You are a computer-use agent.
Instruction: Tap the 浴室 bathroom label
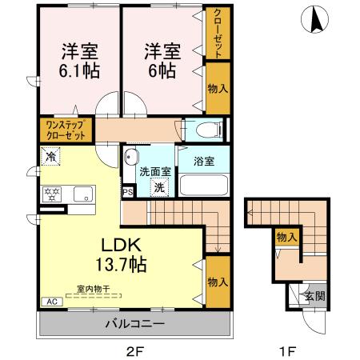[x=204, y=162]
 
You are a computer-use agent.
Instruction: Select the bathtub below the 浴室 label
[x=204, y=184]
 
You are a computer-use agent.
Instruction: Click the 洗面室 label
[x=154, y=171]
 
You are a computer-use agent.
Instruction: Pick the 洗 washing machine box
[x=159, y=187]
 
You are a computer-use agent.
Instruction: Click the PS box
[x=127, y=193]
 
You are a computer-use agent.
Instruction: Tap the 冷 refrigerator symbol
[x=51, y=157]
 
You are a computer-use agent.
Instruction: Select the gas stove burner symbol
[x=53, y=193]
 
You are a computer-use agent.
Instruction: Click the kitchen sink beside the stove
[x=82, y=193]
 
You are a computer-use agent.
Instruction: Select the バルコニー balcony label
[x=134, y=325]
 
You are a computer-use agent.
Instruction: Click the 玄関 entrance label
[x=315, y=296]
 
